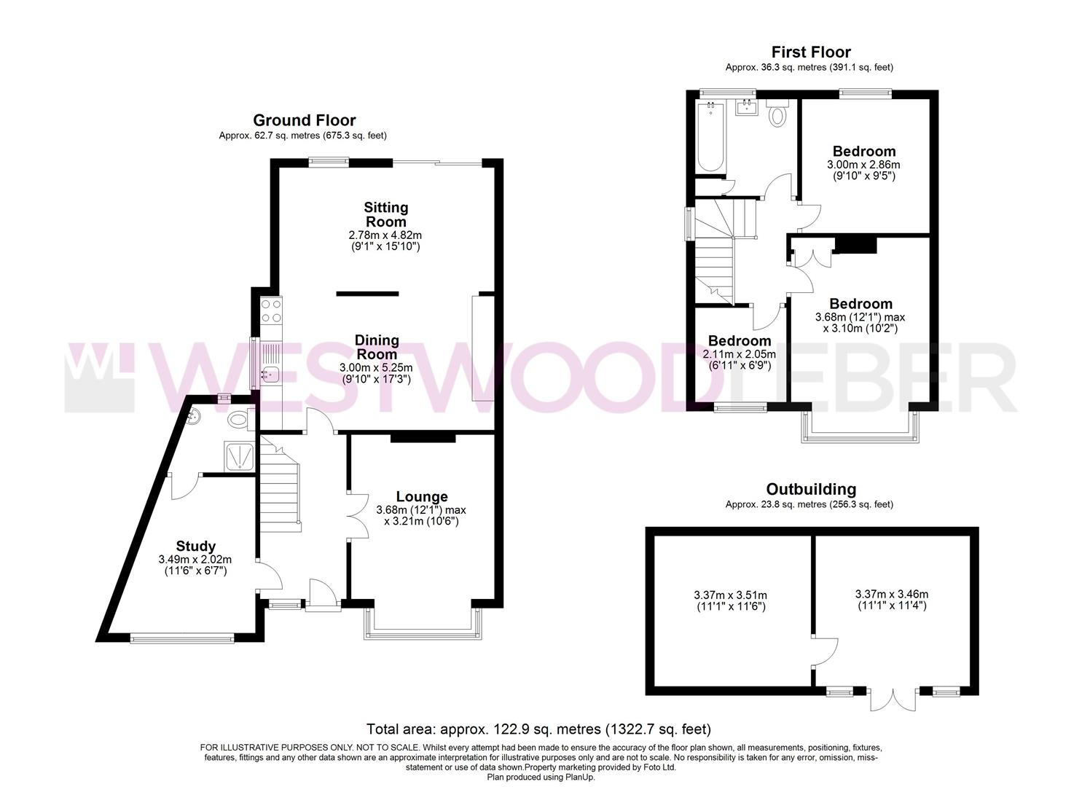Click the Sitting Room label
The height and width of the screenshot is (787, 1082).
[385, 215]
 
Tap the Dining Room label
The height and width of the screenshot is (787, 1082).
[377, 347]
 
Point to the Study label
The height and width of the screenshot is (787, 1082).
[196, 546]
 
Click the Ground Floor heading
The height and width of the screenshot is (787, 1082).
[304, 120]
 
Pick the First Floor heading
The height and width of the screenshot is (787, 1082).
[811, 52]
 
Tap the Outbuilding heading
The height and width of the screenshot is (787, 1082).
[811, 489]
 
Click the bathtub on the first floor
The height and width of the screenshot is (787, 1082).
[710, 137]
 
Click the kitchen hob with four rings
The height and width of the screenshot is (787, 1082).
[271, 311]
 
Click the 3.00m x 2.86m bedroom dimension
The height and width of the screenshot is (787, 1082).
[863, 165]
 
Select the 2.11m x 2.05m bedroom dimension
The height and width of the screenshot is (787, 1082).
[739, 355]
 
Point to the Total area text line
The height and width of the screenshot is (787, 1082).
[538, 729]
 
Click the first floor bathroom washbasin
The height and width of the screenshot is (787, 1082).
[746, 109]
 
